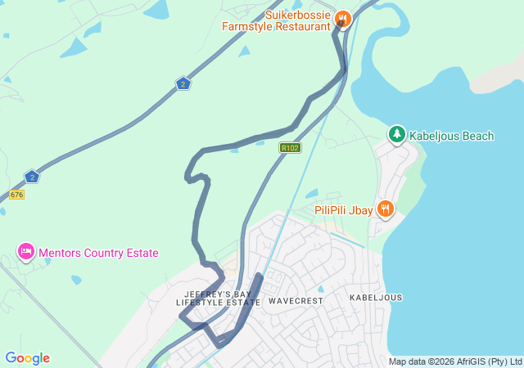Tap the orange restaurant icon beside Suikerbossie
tap(343, 18)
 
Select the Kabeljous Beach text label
tap(451, 136)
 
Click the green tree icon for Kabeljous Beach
tap(397, 134)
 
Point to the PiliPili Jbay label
tap(344, 210)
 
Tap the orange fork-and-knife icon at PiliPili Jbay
tap(386, 209)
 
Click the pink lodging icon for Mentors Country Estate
tap(25, 252)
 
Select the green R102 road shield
tap(290, 148)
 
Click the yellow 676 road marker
tap(17, 195)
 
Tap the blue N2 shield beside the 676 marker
tap(32, 177)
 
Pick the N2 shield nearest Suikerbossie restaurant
tap(183, 83)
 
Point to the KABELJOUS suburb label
tap(376, 298)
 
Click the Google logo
tap(27, 358)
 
